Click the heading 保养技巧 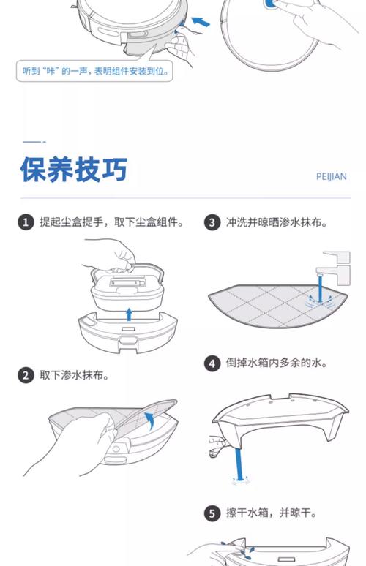74,170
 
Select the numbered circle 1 26,222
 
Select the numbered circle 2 26,375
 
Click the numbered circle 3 212,222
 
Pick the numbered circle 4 212,363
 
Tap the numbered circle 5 212,513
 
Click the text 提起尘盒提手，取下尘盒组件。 111,222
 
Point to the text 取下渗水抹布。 74,375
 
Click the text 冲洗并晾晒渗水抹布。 276,222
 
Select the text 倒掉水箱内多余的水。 276,363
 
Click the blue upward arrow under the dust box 129,314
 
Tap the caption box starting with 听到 98,72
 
